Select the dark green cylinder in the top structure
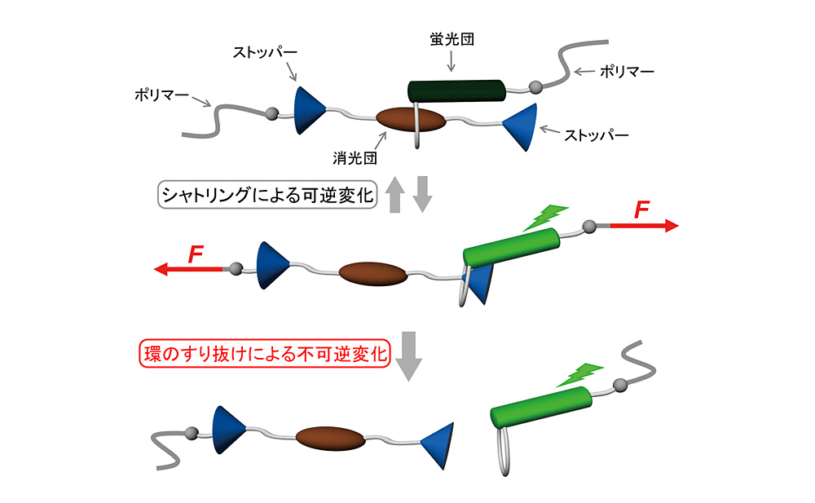tap(456, 89)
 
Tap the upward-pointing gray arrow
tap(394, 196)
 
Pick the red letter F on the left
tap(196, 254)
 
